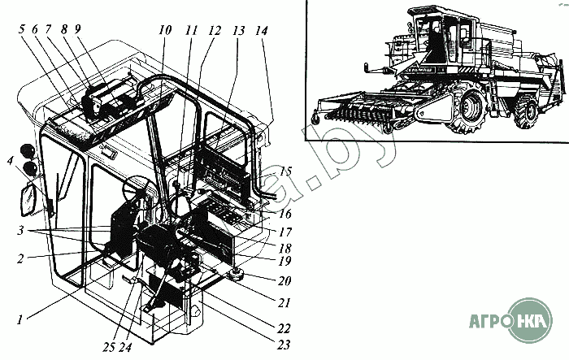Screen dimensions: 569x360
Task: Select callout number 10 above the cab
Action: [165, 31]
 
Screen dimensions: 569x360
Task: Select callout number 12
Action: [214, 31]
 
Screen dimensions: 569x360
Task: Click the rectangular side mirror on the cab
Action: [31, 197]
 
